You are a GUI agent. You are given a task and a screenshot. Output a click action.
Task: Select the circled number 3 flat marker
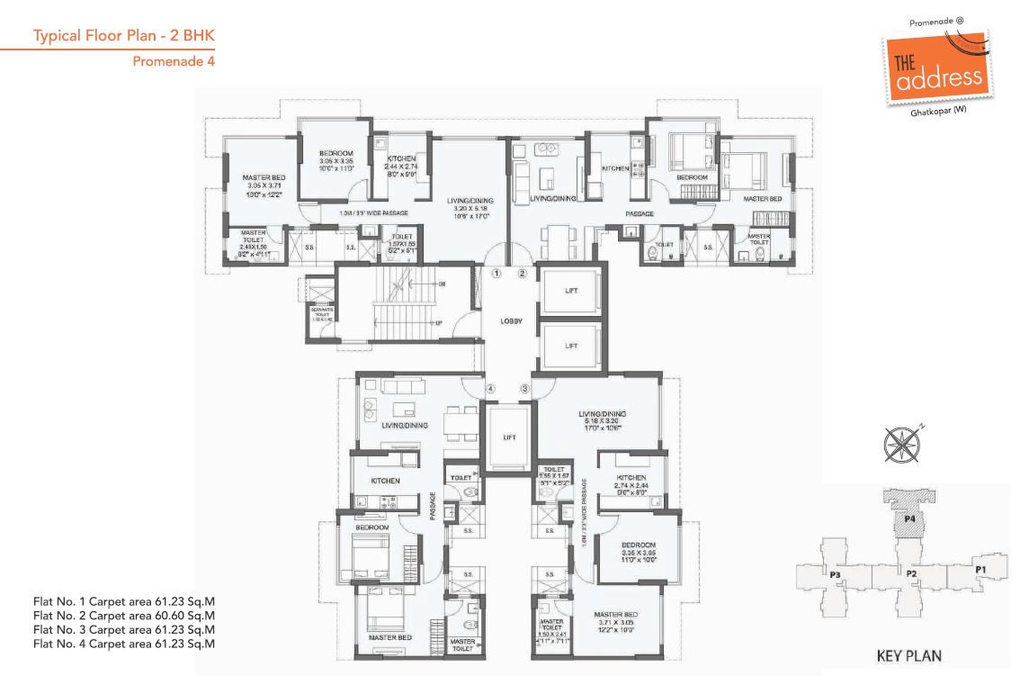pos(523,389)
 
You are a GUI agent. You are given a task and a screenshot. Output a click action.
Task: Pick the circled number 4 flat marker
pos(490,389)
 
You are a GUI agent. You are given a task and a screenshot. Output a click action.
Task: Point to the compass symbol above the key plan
pos(902,445)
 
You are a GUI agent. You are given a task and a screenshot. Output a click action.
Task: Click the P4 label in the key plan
pos(909,519)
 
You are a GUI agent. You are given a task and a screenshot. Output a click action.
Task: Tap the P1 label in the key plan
pos(980,569)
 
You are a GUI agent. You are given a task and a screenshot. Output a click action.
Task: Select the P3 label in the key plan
pos(835,574)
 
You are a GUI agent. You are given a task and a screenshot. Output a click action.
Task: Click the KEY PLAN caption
pos(908,655)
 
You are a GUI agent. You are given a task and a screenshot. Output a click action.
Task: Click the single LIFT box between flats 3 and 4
pos(508,437)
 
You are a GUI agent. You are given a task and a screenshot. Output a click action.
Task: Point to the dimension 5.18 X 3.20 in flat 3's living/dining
pos(604,421)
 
